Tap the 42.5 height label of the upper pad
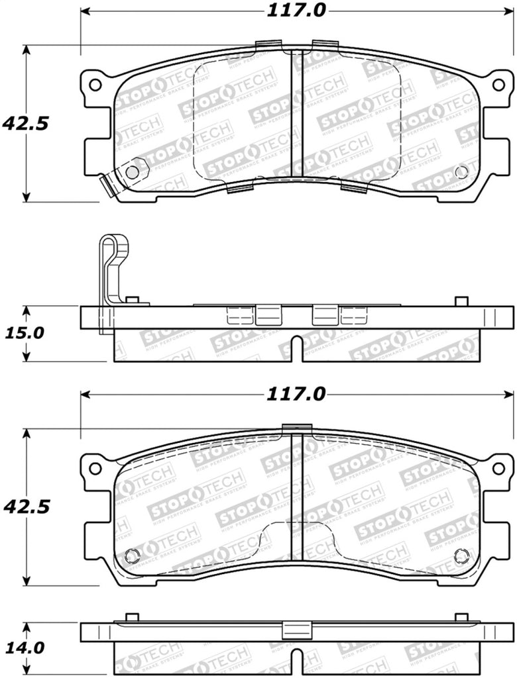[x=26, y=123]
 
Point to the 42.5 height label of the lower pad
[x=26, y=507]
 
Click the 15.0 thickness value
[x=26, y=333]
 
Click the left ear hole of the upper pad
[x=95, y=85]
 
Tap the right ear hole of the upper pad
[x=498, y=85]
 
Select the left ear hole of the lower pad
[x=95, y=468]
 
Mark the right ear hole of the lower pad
[x=498, y=468]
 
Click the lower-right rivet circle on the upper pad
[x=461, y=172]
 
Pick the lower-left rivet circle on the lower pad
[x=132, y=556]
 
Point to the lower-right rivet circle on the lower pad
[x=461, y=556]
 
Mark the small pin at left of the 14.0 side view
[x=132, y=618]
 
